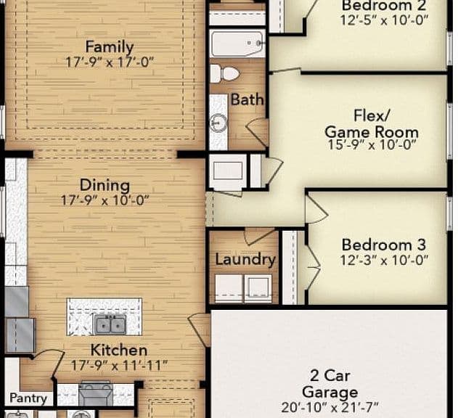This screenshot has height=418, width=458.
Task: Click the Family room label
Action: click(110, 46)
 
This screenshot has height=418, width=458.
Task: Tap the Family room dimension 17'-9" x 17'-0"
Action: click(110, 62)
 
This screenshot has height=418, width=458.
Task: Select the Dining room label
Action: click(105, 185)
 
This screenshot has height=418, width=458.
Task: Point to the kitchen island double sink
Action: click(110, 324)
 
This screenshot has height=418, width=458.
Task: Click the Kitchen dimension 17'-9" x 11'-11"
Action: click(119, 365)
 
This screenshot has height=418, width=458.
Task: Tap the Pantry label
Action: click(28, 398)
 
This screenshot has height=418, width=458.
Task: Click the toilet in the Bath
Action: click(224, 73)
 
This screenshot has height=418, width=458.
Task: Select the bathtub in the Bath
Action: click(237, 44)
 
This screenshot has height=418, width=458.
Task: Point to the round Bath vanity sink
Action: click(218, 123)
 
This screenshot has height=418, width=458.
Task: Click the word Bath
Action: click(247, 99)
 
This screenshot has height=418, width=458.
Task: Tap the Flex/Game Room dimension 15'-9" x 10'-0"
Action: click(372, 144)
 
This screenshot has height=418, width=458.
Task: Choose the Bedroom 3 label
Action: click(384, 245)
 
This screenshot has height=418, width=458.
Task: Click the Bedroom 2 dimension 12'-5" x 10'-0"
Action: click(384, 20)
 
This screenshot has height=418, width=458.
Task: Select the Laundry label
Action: click(245, 259)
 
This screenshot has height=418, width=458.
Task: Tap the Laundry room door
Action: click(260, 237)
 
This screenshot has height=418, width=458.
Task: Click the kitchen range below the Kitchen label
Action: click(96, 393)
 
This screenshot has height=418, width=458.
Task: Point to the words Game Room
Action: click(372, 132)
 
